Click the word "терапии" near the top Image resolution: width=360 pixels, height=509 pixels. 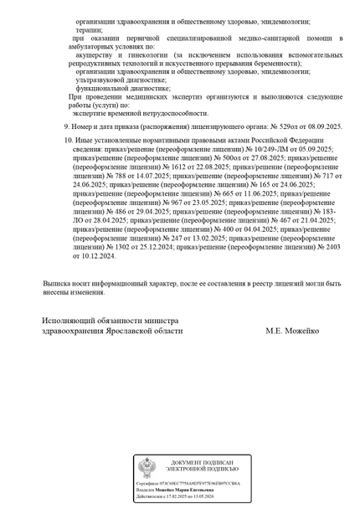(90, 29)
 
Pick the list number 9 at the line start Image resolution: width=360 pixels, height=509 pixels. (67, 126)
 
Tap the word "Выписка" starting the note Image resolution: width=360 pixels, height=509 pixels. (59, 284)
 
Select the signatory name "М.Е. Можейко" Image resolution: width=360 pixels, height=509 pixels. (292, 331)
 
